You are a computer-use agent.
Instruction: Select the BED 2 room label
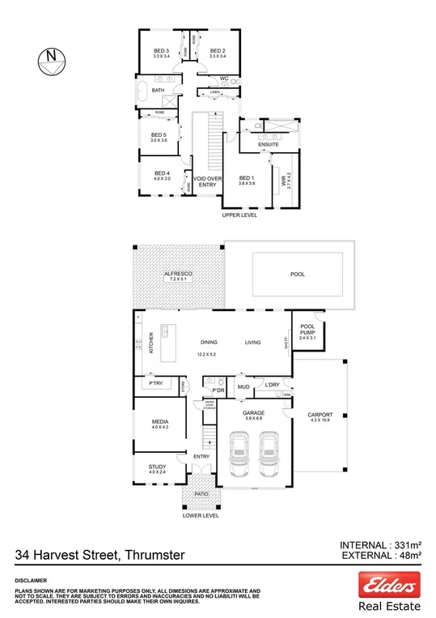(216, 51)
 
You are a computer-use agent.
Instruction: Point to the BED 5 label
(158, 136)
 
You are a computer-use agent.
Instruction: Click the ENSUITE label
(269, 144)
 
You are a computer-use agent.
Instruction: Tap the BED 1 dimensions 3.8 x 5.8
(247, 184)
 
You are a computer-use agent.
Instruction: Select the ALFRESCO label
(177, 275)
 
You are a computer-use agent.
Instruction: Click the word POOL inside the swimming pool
(298, 275)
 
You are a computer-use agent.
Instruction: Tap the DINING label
(210, 343)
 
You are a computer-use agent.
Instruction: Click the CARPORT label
(320, 416)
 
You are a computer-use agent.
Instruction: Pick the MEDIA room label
(159, 422)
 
